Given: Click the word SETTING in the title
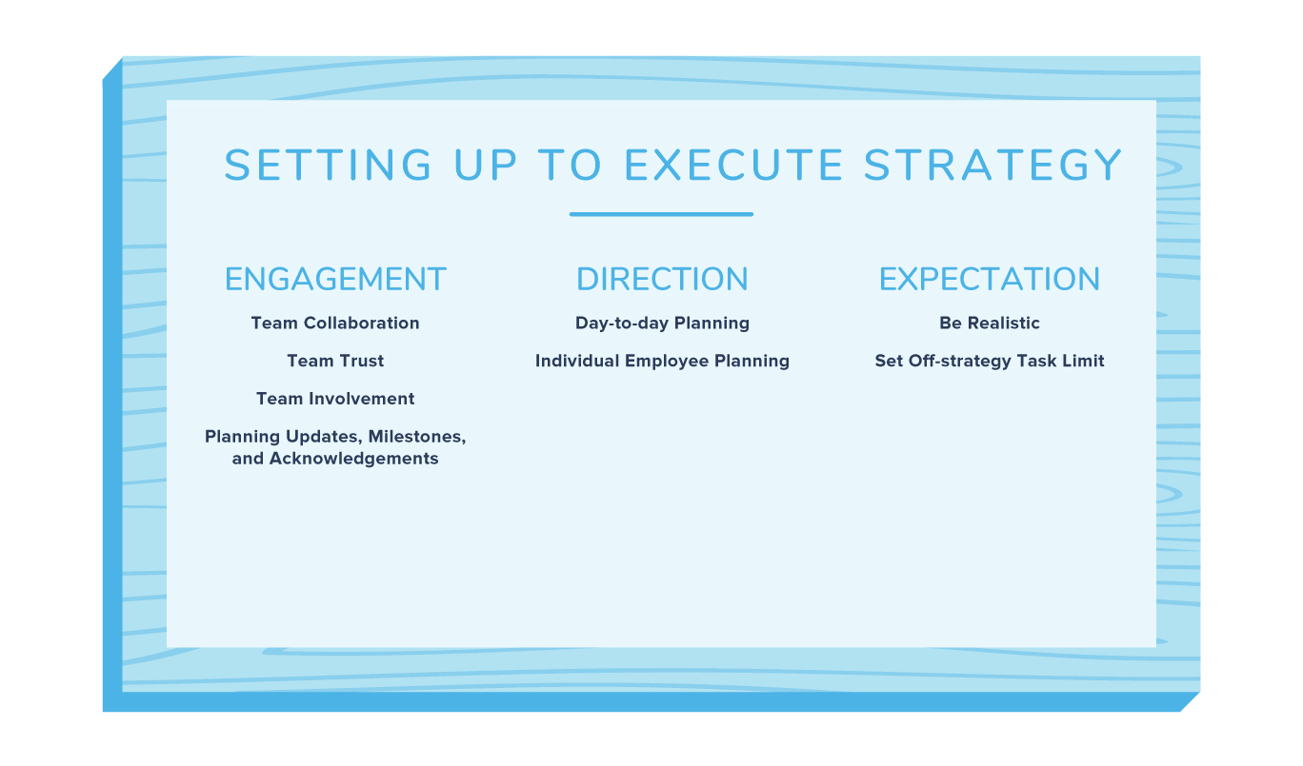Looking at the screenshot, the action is (x=328, y=165).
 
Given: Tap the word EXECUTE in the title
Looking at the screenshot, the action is (x=733, y=165).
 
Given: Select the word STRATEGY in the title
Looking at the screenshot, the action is (x=992, y=165).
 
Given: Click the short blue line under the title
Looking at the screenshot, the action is (x=661, y=214).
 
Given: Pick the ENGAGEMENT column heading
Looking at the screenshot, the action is (x=335, y=279).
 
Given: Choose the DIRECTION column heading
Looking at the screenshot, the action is (x=662, y=279).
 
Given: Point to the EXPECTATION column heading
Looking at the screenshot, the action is (x=990, y=279).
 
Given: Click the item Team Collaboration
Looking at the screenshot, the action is (x=335, y=324).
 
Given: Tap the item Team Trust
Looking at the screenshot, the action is (x=335, y=361).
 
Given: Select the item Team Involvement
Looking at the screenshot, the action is (x=335, y=399).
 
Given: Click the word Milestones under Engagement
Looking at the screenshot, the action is (x=417, y=437).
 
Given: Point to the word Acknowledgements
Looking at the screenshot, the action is (x=353, y=459).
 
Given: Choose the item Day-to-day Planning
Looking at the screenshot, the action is (x=663, y=324).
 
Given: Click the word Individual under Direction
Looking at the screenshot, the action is (x=577, y=361).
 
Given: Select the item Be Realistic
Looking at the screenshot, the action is (x=990, y=324).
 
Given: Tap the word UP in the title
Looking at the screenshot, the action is (x=485, y=165).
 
